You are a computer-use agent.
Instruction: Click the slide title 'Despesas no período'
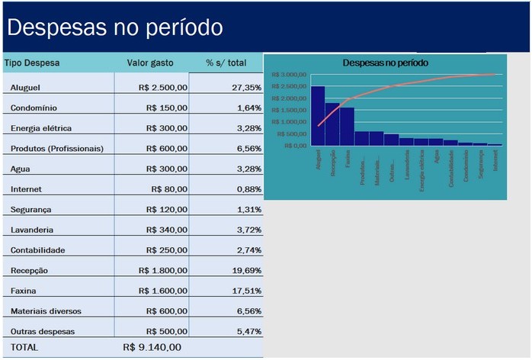click(114, 27)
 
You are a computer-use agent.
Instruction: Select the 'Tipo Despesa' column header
click(32, 63)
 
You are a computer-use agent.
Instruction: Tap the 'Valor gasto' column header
click(150, 63)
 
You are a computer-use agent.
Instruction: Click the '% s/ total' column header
click(226, 63)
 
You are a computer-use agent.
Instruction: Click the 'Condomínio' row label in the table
click(34, 108)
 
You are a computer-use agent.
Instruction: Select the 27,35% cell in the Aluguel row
click(246, 88)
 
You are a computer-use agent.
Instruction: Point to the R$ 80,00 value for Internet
click(169, 189)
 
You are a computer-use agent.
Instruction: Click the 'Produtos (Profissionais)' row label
click(57, 148)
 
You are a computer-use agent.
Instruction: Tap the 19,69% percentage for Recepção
click(246, 270)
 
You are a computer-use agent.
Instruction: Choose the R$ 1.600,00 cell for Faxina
click(162, 291)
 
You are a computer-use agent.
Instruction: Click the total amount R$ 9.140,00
click(152, 347)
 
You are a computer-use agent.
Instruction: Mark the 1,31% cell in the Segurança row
click(248, 209)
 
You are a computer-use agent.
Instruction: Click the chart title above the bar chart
click(385, 62)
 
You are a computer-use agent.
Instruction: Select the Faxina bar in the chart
click(347, 127)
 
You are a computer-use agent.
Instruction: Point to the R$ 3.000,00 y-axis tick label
click(289, 75)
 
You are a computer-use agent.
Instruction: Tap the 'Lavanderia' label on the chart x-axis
click(408, 163)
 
